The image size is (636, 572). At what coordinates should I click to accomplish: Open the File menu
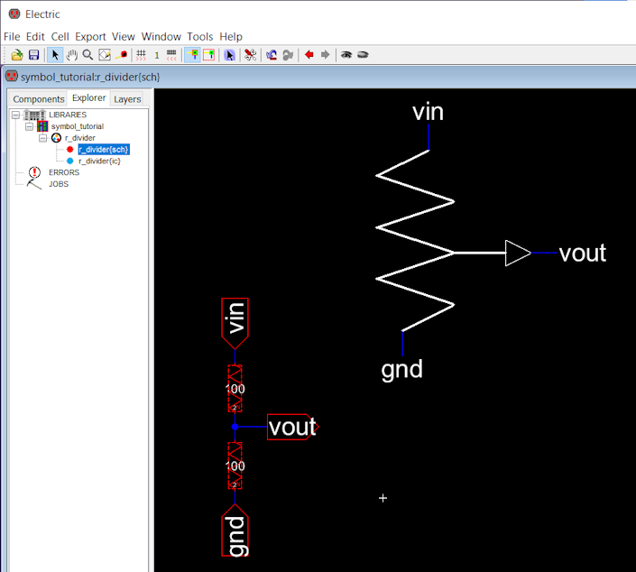point(12,36)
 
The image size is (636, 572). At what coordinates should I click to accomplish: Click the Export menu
point(90,37)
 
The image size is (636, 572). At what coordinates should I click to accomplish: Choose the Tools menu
point(200,36)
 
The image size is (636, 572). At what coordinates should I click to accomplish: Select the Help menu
point(231,37)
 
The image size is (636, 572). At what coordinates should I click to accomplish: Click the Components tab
point(39,99)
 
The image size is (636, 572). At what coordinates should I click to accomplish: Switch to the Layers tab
point(127,99)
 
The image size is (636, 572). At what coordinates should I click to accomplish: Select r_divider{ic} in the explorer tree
point(99,161)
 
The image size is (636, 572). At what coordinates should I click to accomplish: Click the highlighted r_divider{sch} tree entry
point(104,149)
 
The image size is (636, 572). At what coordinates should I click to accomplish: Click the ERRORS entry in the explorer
point(64,172)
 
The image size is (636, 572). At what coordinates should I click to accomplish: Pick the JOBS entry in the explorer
point(59,184)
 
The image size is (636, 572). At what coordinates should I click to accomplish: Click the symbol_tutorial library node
point(77,126)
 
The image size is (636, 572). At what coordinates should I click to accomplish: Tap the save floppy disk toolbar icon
point(33,55)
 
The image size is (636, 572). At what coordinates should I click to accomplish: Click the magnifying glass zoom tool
point(88,55)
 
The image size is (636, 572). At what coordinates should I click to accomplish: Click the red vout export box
point(293,427)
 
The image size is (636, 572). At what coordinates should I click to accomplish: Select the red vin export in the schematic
point(235,323)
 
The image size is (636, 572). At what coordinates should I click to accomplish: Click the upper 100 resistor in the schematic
point(235,389)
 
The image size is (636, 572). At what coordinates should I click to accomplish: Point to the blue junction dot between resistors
point(235,427)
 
